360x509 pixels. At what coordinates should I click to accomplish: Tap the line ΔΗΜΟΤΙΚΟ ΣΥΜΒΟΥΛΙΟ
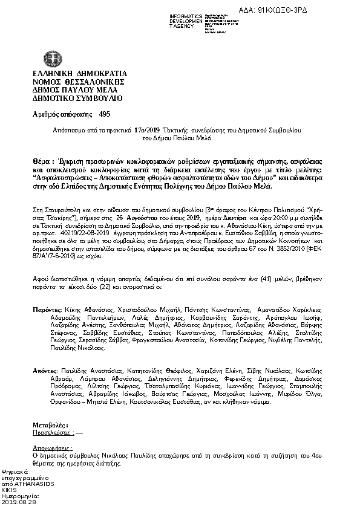pos(70,97)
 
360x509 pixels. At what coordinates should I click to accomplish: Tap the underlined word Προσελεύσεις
pos(53,433)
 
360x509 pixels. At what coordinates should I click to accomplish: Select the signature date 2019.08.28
pos(20,502)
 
